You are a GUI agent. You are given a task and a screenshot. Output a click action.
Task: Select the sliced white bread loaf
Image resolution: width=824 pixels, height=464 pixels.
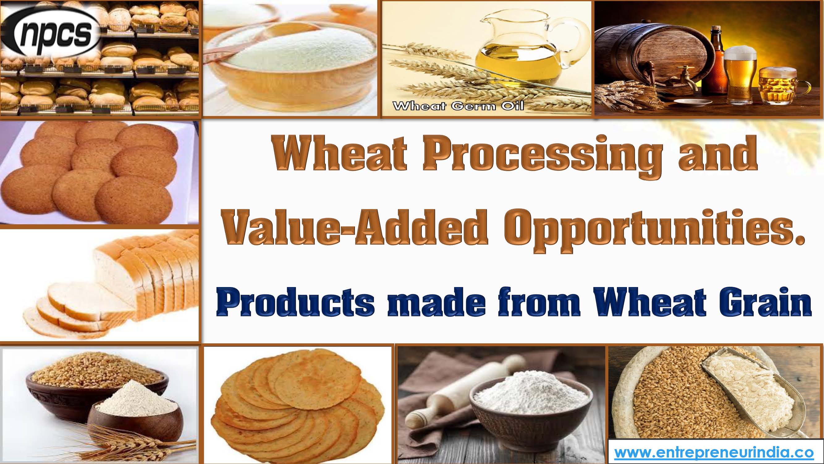[128, 282]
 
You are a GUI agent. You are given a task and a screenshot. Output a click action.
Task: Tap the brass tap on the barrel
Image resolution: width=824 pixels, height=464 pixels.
[684, 83]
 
